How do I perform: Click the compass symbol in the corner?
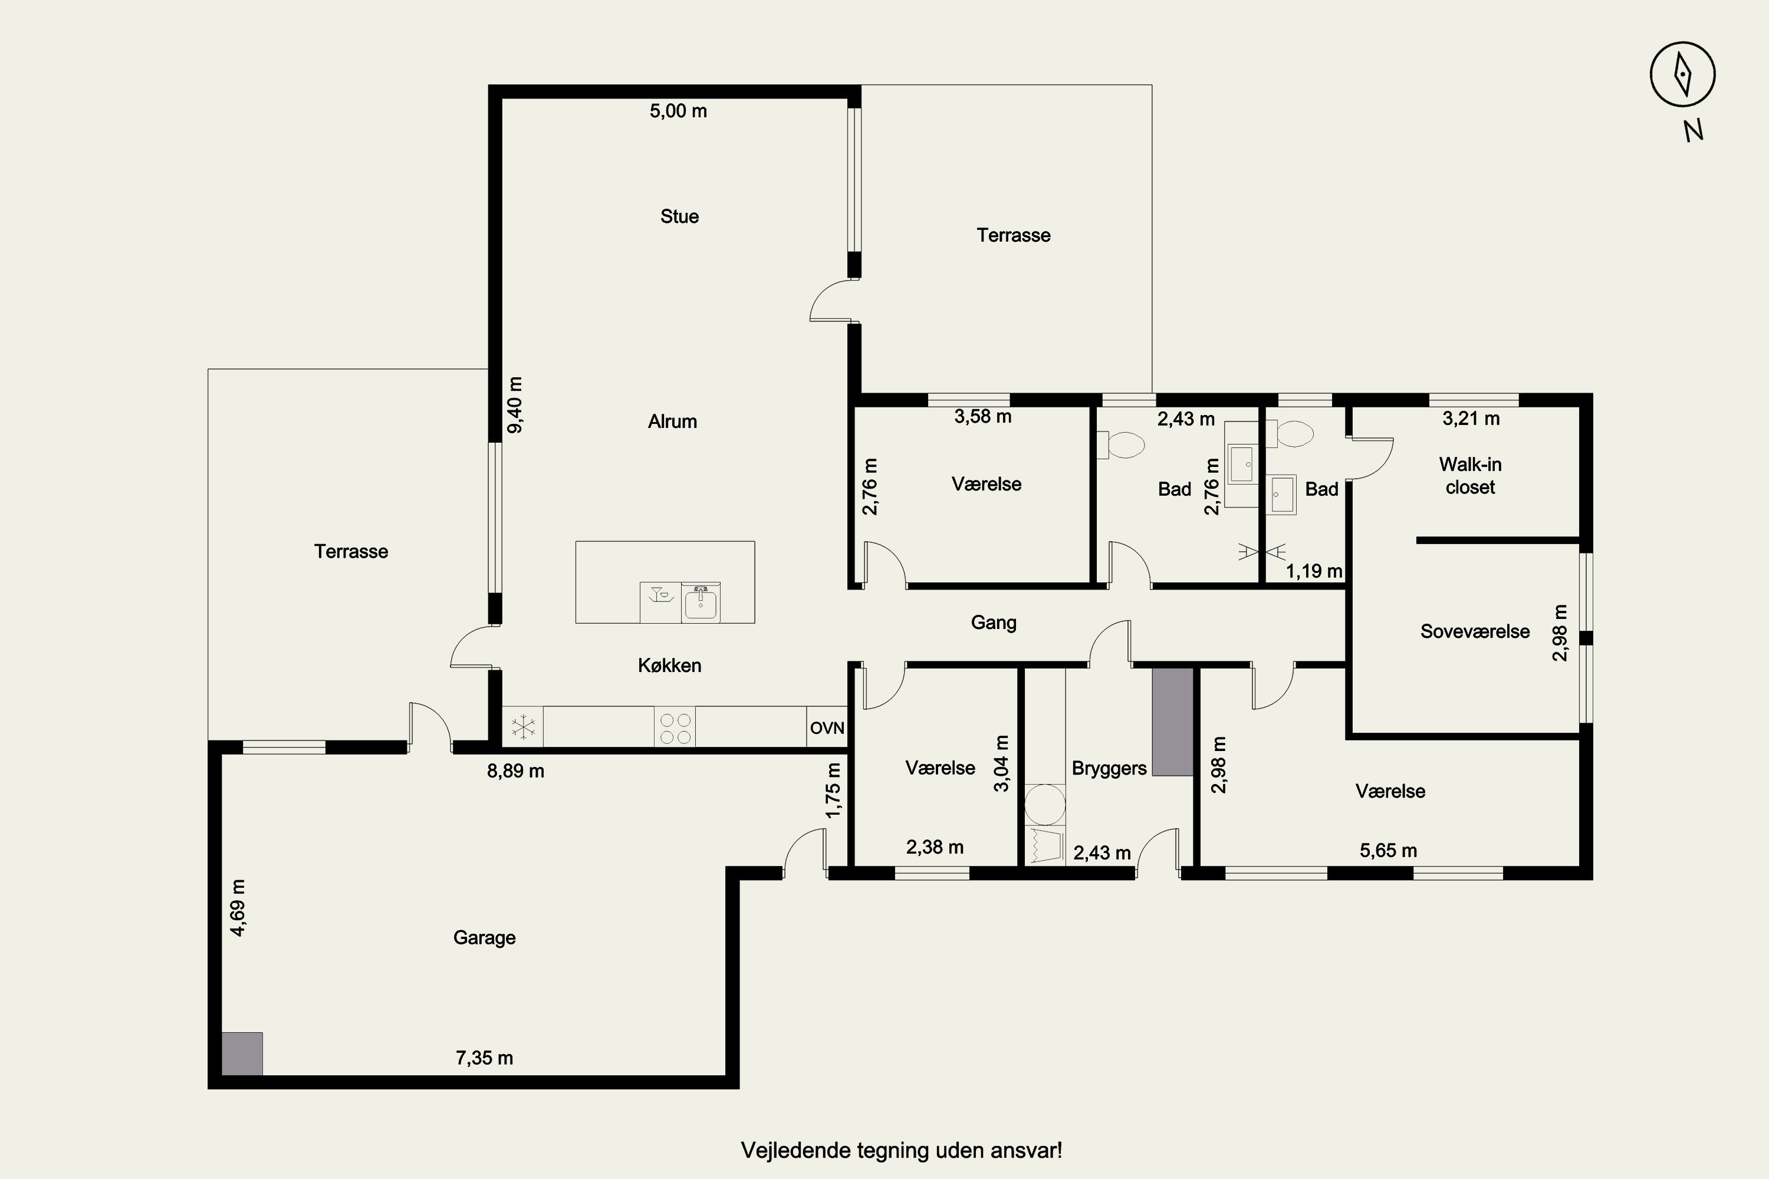(x=1682, y=74)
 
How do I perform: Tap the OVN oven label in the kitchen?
(x=827, y=728)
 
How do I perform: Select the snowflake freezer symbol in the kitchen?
(x=522, y=727)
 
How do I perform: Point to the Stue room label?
(x=679, y=216)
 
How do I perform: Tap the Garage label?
(x=484, y=938)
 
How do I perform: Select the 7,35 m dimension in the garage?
(x=484, y=1058)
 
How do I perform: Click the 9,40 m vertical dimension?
(x=515, y=406)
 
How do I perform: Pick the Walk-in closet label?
(x=1471, y=475)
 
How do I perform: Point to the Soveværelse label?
(x=1475, y=631)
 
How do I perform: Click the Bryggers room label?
(x=1109, y=769)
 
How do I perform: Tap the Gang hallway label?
(x=994, y=623)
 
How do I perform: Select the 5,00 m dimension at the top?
(x=679, y=111)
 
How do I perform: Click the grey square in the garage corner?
(x=242, y=1053)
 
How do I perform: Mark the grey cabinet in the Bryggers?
(x=1173, y=722)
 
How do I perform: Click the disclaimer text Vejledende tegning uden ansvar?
(x=902, y=1151)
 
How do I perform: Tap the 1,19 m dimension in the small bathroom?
(x=1314, y=571)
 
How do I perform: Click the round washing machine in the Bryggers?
(x=1045, y=805)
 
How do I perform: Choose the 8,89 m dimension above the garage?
(x=515, y=772)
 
